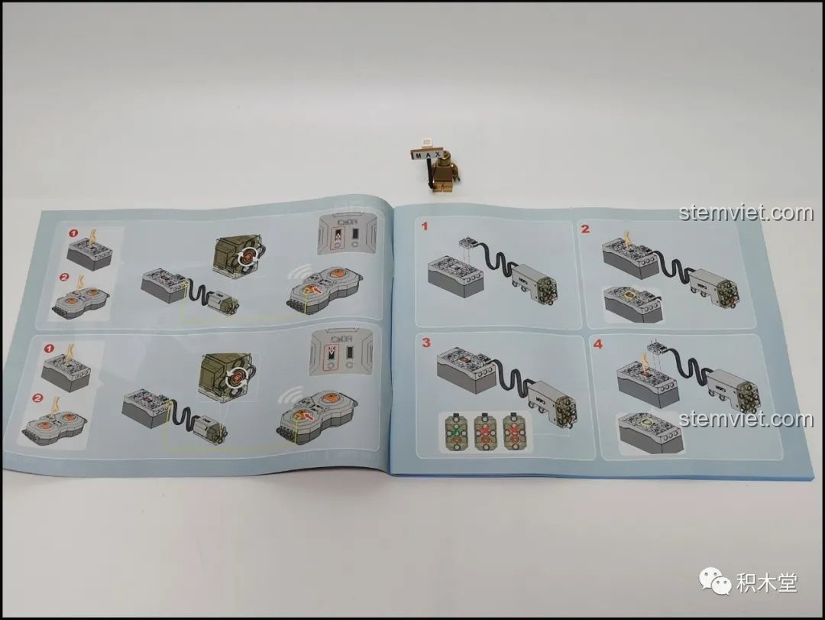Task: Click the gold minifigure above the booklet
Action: (x=440, y=172)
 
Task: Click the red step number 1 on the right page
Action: (x=425, y=226)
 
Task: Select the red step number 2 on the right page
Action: (x=585, y=228)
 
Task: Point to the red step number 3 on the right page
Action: (x=426, y=342)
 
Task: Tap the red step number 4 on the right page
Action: (x=598, y=344)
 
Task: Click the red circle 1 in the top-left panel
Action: (x=74, y=232)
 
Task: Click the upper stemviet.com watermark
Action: (x=746, y=212)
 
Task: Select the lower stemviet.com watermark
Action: (x=746, y=418)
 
